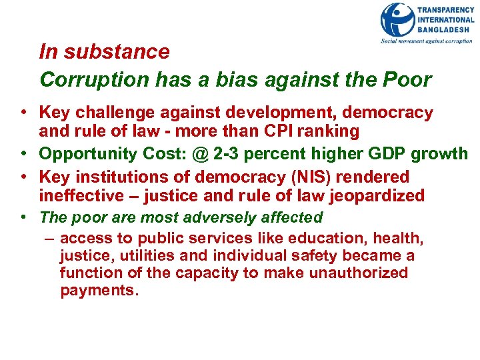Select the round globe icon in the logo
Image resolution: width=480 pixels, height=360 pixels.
point(397,20)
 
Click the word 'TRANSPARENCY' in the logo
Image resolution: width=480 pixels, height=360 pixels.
point(446,9)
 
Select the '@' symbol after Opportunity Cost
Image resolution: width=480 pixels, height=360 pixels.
point(201,154)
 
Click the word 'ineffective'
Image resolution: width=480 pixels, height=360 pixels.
point(81,195)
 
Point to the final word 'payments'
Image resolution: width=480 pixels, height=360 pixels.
point(97,291)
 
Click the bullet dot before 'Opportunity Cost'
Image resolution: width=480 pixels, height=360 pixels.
point(23,154)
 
